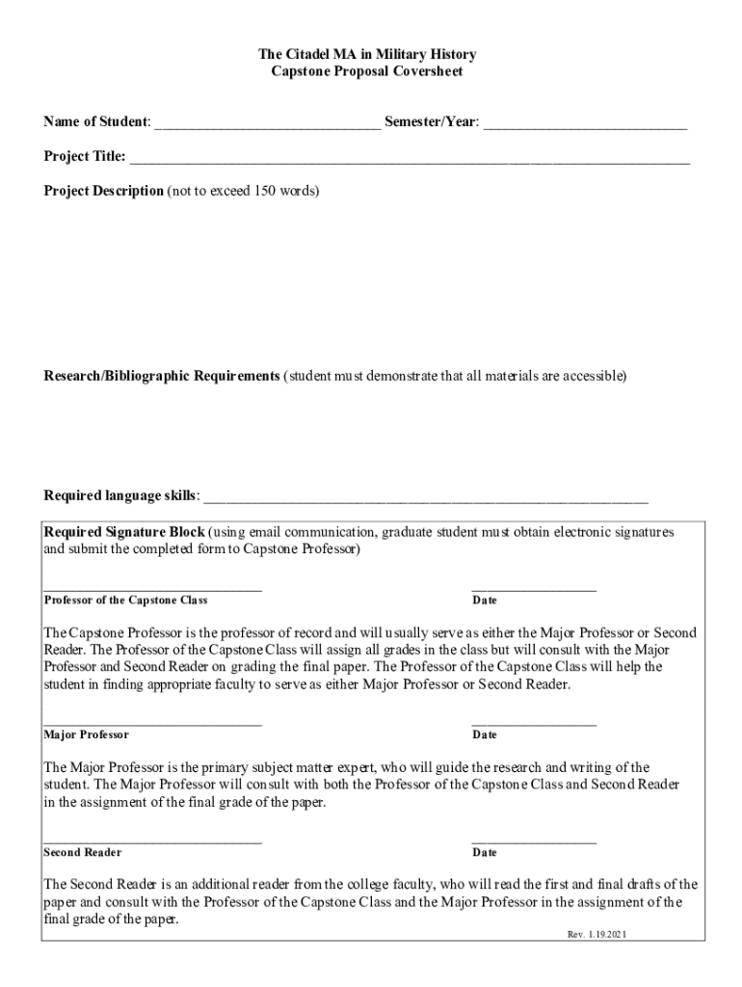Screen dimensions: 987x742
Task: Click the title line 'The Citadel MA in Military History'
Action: click(x=371, y=55)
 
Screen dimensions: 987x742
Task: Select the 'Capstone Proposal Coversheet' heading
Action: click(x=371, y=72)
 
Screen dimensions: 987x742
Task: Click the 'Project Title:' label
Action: click(x=85, y=157)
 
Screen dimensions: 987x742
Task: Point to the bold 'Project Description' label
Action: click(x=103, y=191)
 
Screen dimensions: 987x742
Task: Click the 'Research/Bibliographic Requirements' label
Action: click(x=161, y=375)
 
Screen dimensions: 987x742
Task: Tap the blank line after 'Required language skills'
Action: click(x=425, y=499)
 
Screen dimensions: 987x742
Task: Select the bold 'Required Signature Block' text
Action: click(x=124, y=532)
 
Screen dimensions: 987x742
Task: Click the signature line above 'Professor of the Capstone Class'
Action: click(x=152, y=587)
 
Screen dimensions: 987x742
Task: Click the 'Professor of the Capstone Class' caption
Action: click(x=125, y=600)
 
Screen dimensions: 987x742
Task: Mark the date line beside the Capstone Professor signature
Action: click(x=534, y=587)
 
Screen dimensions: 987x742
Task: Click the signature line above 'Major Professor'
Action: click(x=152, y=722)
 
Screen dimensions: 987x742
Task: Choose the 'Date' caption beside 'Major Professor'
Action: click(x=485, y=735)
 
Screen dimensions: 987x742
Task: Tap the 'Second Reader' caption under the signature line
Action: click(x=83, y=853)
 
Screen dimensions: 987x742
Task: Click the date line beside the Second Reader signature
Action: click(x=534, y=840)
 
